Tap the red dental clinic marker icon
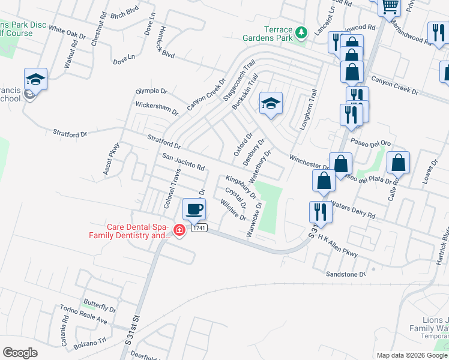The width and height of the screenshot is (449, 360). pyautogui.click(x=179, y=230)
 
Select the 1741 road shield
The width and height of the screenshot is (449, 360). pyautogui.click(x=200, y=228)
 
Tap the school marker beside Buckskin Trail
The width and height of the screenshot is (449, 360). pyautogui.click(x=271, y=104)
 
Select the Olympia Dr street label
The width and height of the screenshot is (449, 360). pyautogui.click(x=151, y=91)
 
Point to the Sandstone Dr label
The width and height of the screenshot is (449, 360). pyautogui.click(x=346, y=274)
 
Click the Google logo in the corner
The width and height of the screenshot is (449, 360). pyautogui.click(x=20, y=352)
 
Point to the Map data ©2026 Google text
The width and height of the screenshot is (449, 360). pyautogui.click(x=411, y=355)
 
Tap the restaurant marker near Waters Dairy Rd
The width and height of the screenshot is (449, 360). pyautogui.click(x=320, y=213)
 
